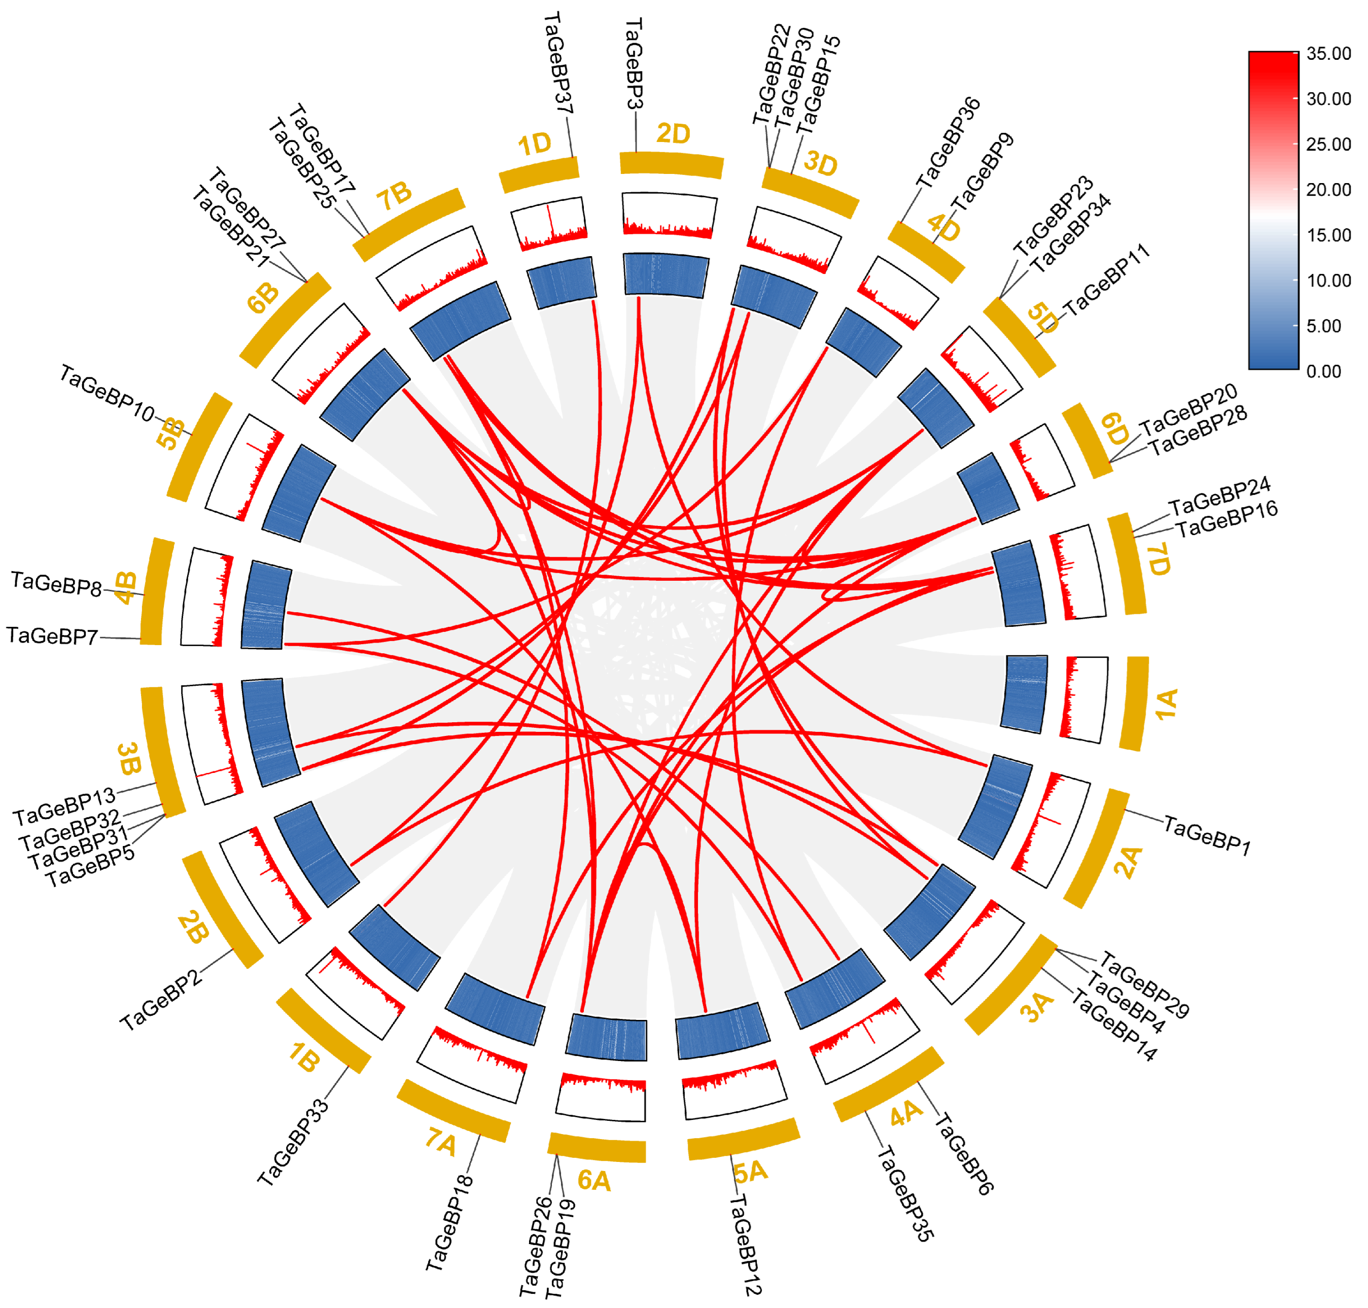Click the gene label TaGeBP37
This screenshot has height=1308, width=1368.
pos(558,63)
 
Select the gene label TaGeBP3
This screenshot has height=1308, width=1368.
pos(633,64)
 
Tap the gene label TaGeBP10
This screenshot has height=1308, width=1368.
pos(107,394)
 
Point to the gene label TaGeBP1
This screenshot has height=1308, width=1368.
pos(1207,835)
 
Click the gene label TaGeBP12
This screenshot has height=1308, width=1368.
pos(745,1245)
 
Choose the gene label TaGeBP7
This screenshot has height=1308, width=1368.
pos(52,636)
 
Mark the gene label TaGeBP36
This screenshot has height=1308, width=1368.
pos(948,143)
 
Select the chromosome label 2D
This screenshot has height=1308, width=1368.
pos(673,133)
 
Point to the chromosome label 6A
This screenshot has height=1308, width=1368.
pos(594,1180)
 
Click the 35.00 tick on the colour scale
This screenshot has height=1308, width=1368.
pos(1328,54)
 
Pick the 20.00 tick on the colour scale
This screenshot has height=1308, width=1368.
pos(1328,190)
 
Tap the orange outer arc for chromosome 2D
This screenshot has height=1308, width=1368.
pos(671,164)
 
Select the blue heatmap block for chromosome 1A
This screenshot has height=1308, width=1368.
pos(1024,694)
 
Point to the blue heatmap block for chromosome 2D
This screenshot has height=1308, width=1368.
pos(666,275)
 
